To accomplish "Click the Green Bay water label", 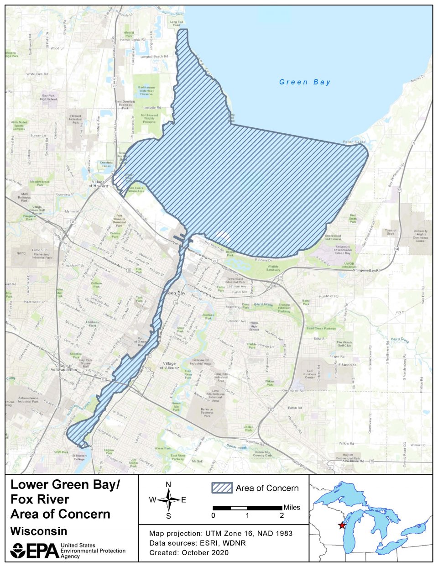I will (x=305, y=82).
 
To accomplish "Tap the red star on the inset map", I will (x=342, y=525).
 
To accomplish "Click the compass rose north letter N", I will (x=168, y=485).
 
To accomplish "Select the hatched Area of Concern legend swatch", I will (x=222, y=488).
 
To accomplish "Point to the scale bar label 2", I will (x=282, y=515).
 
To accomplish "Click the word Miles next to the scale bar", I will (x=292, y=507).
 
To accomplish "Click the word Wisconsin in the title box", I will (x=39, y=531).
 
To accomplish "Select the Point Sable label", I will (x=354, y=142).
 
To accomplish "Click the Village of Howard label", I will (x=98, y=184).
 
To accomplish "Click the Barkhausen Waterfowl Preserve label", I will (x=146, y=90).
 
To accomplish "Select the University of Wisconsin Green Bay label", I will (x=343, y=250).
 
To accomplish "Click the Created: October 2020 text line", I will (x=189, y=552).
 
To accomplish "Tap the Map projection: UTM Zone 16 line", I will (x=221, y=533).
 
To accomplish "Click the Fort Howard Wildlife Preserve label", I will (x=149, y=119).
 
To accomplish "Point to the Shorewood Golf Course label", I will (x=333, y=237).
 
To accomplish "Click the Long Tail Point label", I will (x=177, y=23).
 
